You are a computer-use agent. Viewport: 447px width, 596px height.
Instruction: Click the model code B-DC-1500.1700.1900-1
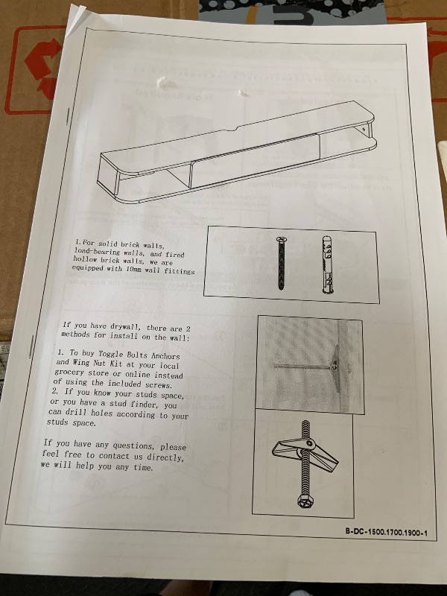[x=386, y=532]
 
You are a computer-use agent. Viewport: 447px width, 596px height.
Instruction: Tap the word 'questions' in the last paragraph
[x=133, y=446]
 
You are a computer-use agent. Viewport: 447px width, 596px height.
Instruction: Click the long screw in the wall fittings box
[x=282, y=263]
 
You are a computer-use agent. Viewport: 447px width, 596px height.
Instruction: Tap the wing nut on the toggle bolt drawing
[x=305, y=454]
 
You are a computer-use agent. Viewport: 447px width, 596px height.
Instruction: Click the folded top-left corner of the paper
[x=76, y=19]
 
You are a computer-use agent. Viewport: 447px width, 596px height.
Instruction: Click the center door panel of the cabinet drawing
[x=254, y=160]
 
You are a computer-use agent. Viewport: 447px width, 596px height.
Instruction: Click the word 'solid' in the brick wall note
[x=107, y=244]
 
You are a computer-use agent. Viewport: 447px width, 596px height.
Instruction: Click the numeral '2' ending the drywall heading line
[x=188, y=329]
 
